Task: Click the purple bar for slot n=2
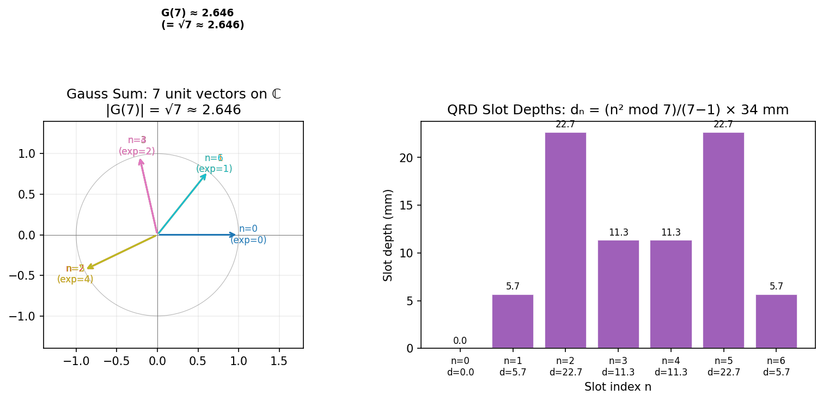tap(565, 240)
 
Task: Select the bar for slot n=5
tap(723, 240)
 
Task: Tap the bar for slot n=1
tap(513, 321)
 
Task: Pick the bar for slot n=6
tap(776, 321)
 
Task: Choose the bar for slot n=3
tap(618, 294)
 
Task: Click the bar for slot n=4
tap(670, 294)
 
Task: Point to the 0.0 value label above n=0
tap(460, 341)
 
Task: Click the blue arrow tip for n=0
tap(234, 235)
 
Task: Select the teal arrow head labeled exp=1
tap(205, 175)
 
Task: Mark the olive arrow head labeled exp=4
tap(88, 268)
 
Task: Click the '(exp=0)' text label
tap(248, 240)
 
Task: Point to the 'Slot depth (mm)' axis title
tap(388, 235)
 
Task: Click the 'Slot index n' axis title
tap(618, 387)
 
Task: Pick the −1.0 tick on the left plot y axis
tap(25, 316)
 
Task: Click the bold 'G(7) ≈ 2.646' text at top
tap(197, 13)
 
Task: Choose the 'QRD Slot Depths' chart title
tap(618, 110)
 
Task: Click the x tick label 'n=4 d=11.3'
tap(670, 367)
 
